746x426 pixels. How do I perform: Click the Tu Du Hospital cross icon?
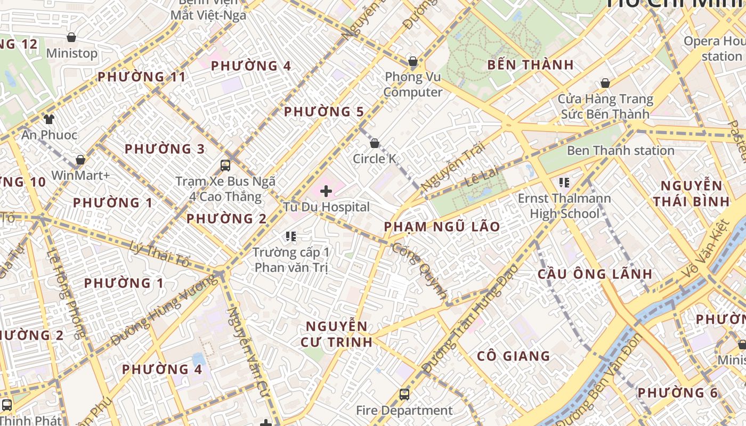coord(326,191)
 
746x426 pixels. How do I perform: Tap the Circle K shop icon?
coord(375,143)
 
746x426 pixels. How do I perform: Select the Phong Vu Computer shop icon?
coord(412,61)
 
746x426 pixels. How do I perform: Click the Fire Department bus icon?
coord(404,395)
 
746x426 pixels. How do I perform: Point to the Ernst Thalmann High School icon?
coord(564,183)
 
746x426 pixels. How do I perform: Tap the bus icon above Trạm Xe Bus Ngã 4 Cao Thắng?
coord(225,165)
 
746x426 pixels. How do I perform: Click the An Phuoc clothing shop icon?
coord(49,119)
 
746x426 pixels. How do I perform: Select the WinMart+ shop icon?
coord(80,160)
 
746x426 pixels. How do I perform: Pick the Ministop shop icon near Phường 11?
coord(71,37)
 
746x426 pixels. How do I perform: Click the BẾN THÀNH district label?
coord(530,65)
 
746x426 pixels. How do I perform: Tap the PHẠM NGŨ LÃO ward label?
coord(442,227)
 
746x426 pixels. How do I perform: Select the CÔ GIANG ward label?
coord(513,356)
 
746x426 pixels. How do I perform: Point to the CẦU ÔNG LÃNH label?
coord(594,274)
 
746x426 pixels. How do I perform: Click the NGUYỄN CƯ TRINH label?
coord(336,334)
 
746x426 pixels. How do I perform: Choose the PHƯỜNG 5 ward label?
coord(323,112)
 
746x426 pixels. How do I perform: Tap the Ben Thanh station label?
coord(620,151)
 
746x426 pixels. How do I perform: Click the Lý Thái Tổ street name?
coord(160,255)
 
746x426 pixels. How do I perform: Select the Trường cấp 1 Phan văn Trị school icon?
coord(290,236)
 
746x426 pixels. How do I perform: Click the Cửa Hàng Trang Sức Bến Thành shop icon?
coord(605,83)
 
